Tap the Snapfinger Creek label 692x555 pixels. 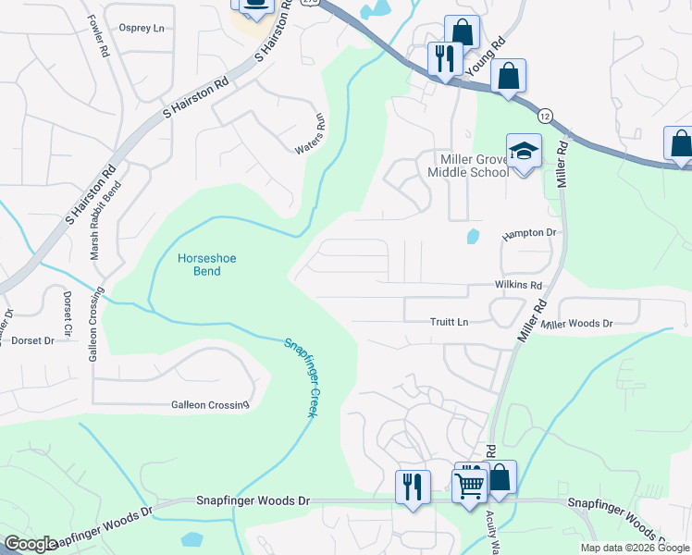[301, 377]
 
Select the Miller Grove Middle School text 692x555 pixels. [467, 166]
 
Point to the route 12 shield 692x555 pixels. [546, 116]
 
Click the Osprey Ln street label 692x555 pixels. [142, 28]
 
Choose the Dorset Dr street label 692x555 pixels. [33, 340]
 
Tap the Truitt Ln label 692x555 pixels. [450, 322]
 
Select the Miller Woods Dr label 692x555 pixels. [578, 324]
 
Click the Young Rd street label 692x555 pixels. [487, 57]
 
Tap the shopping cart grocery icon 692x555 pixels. [470, 482]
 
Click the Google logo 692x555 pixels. [30, 545]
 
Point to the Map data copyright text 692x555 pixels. [635, 548]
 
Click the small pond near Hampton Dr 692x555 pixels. [474, 236]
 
